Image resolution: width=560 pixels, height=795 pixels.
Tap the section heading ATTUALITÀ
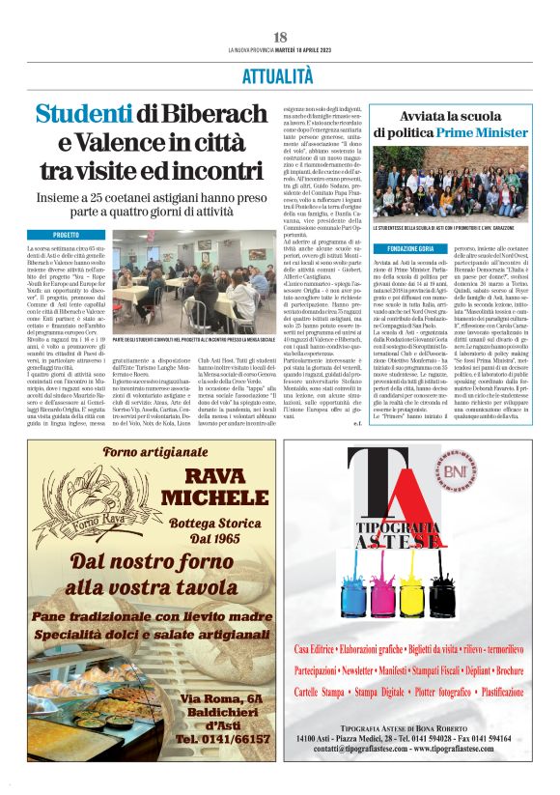click(279, 73)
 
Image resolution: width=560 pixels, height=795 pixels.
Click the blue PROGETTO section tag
click(67, 235)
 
